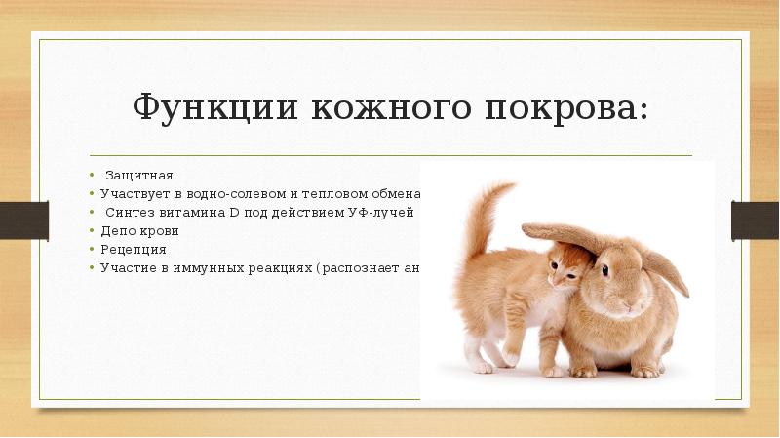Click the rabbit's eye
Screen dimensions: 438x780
[605, 266]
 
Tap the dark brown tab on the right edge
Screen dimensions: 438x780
[756, 219]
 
